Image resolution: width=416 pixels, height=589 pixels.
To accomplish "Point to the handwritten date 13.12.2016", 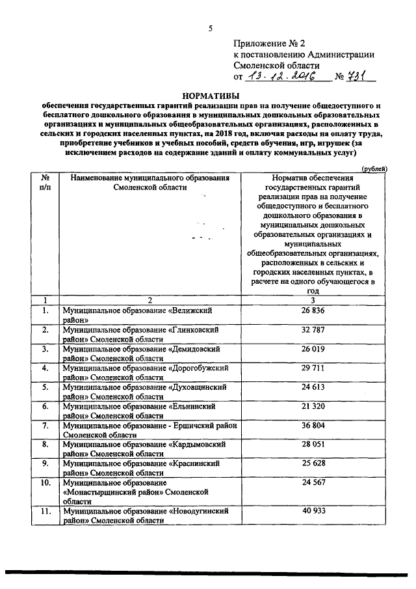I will (x=284, y=77).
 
